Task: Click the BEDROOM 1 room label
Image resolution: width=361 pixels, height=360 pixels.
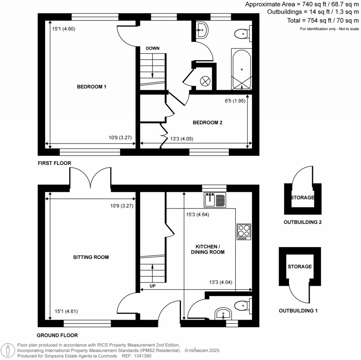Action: (92, 87)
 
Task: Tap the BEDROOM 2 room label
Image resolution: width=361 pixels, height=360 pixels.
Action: (207, 123)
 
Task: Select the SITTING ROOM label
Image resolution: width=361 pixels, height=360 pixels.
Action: (91, 257)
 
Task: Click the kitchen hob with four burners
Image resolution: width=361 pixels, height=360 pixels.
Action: (244, 232)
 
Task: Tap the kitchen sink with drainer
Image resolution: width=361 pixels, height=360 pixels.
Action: (215, 200)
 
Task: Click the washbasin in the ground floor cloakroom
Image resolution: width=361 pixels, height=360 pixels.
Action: (223, 313)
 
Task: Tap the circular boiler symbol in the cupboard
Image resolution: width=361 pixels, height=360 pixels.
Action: (205, 81)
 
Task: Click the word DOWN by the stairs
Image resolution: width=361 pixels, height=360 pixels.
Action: (153, 48)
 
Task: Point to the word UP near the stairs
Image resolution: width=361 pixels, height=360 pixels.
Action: (153, 286)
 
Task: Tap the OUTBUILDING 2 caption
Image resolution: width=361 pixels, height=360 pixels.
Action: (302, 222)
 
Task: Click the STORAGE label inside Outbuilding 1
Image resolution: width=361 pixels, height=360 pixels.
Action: (300, 266)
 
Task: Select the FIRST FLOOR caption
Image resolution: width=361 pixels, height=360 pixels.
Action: (55, 163)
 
